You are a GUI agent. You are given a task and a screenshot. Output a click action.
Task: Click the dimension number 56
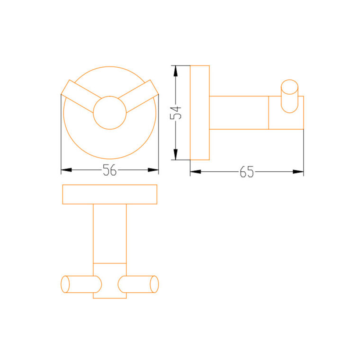click(109, 170)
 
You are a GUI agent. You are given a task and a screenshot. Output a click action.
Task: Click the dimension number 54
click(176, 112)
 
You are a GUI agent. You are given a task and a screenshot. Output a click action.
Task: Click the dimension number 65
click(247, 172)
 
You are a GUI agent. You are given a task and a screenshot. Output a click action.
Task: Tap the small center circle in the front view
click(109, 112)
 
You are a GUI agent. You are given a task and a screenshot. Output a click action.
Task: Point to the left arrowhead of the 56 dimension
click(66, 170)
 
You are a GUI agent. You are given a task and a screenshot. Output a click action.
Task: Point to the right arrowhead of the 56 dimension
click(153, 170)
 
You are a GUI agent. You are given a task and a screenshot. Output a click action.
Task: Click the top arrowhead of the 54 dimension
click(176, 70)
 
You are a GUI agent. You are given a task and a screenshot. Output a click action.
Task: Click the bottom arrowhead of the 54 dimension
click(176, 155)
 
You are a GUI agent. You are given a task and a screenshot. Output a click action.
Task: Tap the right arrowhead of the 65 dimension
click(298, 171)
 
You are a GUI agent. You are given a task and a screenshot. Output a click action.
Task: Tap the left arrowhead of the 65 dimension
click(195, 171)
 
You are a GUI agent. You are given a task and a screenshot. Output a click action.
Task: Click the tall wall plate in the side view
click(199, 112)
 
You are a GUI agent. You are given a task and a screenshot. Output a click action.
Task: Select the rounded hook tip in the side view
click(289, 96)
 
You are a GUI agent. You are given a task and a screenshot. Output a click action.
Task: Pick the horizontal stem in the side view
click(239, 112)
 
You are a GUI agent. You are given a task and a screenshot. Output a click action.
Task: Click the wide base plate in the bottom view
click(109, 194)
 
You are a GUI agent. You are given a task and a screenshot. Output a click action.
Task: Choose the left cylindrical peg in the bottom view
click(81, 284)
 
